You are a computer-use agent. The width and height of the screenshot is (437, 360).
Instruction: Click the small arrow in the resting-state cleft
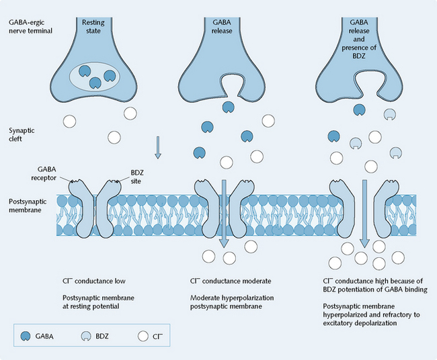click(x=157, y=146)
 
